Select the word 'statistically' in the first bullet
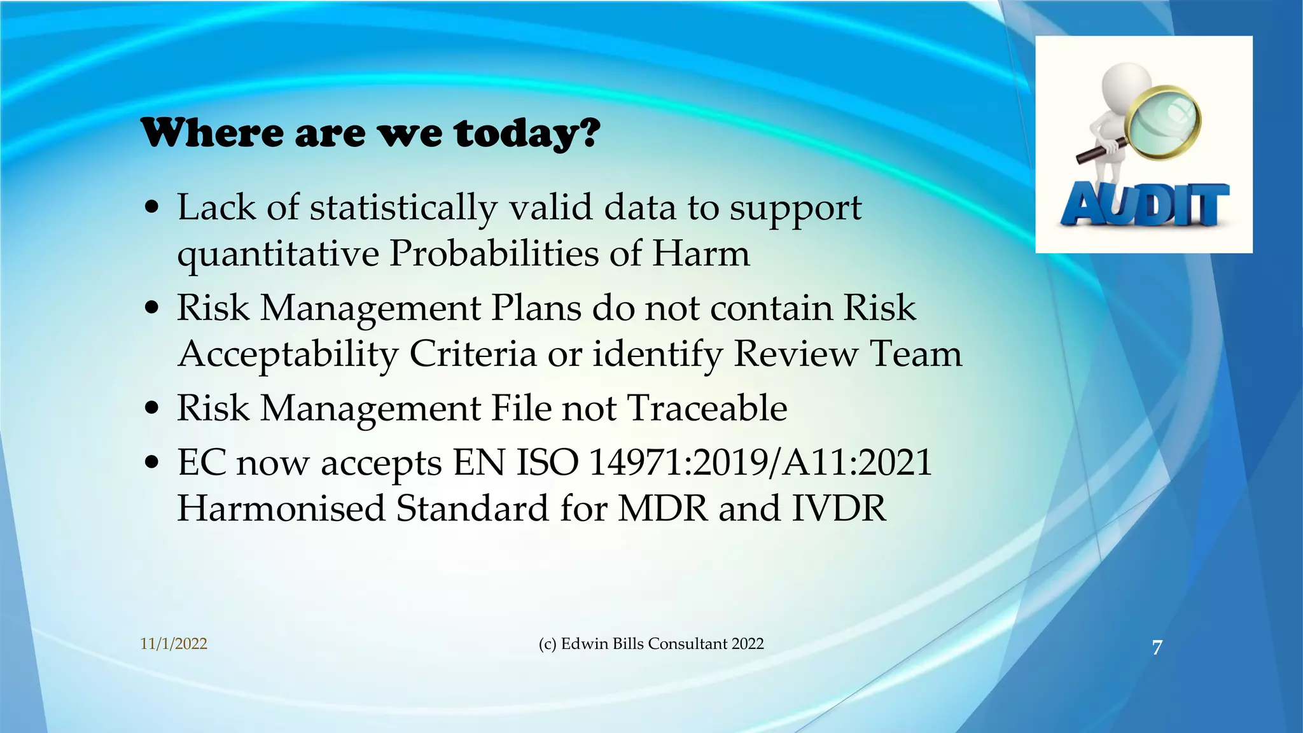(x=403, y=209)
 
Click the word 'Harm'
(x=700, y=253)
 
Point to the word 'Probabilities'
(x=494, y=253)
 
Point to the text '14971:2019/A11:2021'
(x=760, y=463)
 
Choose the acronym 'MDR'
(x=663, y=509)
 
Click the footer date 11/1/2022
(x=174, y=644)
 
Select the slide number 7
(x=1157, y=648)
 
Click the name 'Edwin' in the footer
(x=584, y=644)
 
